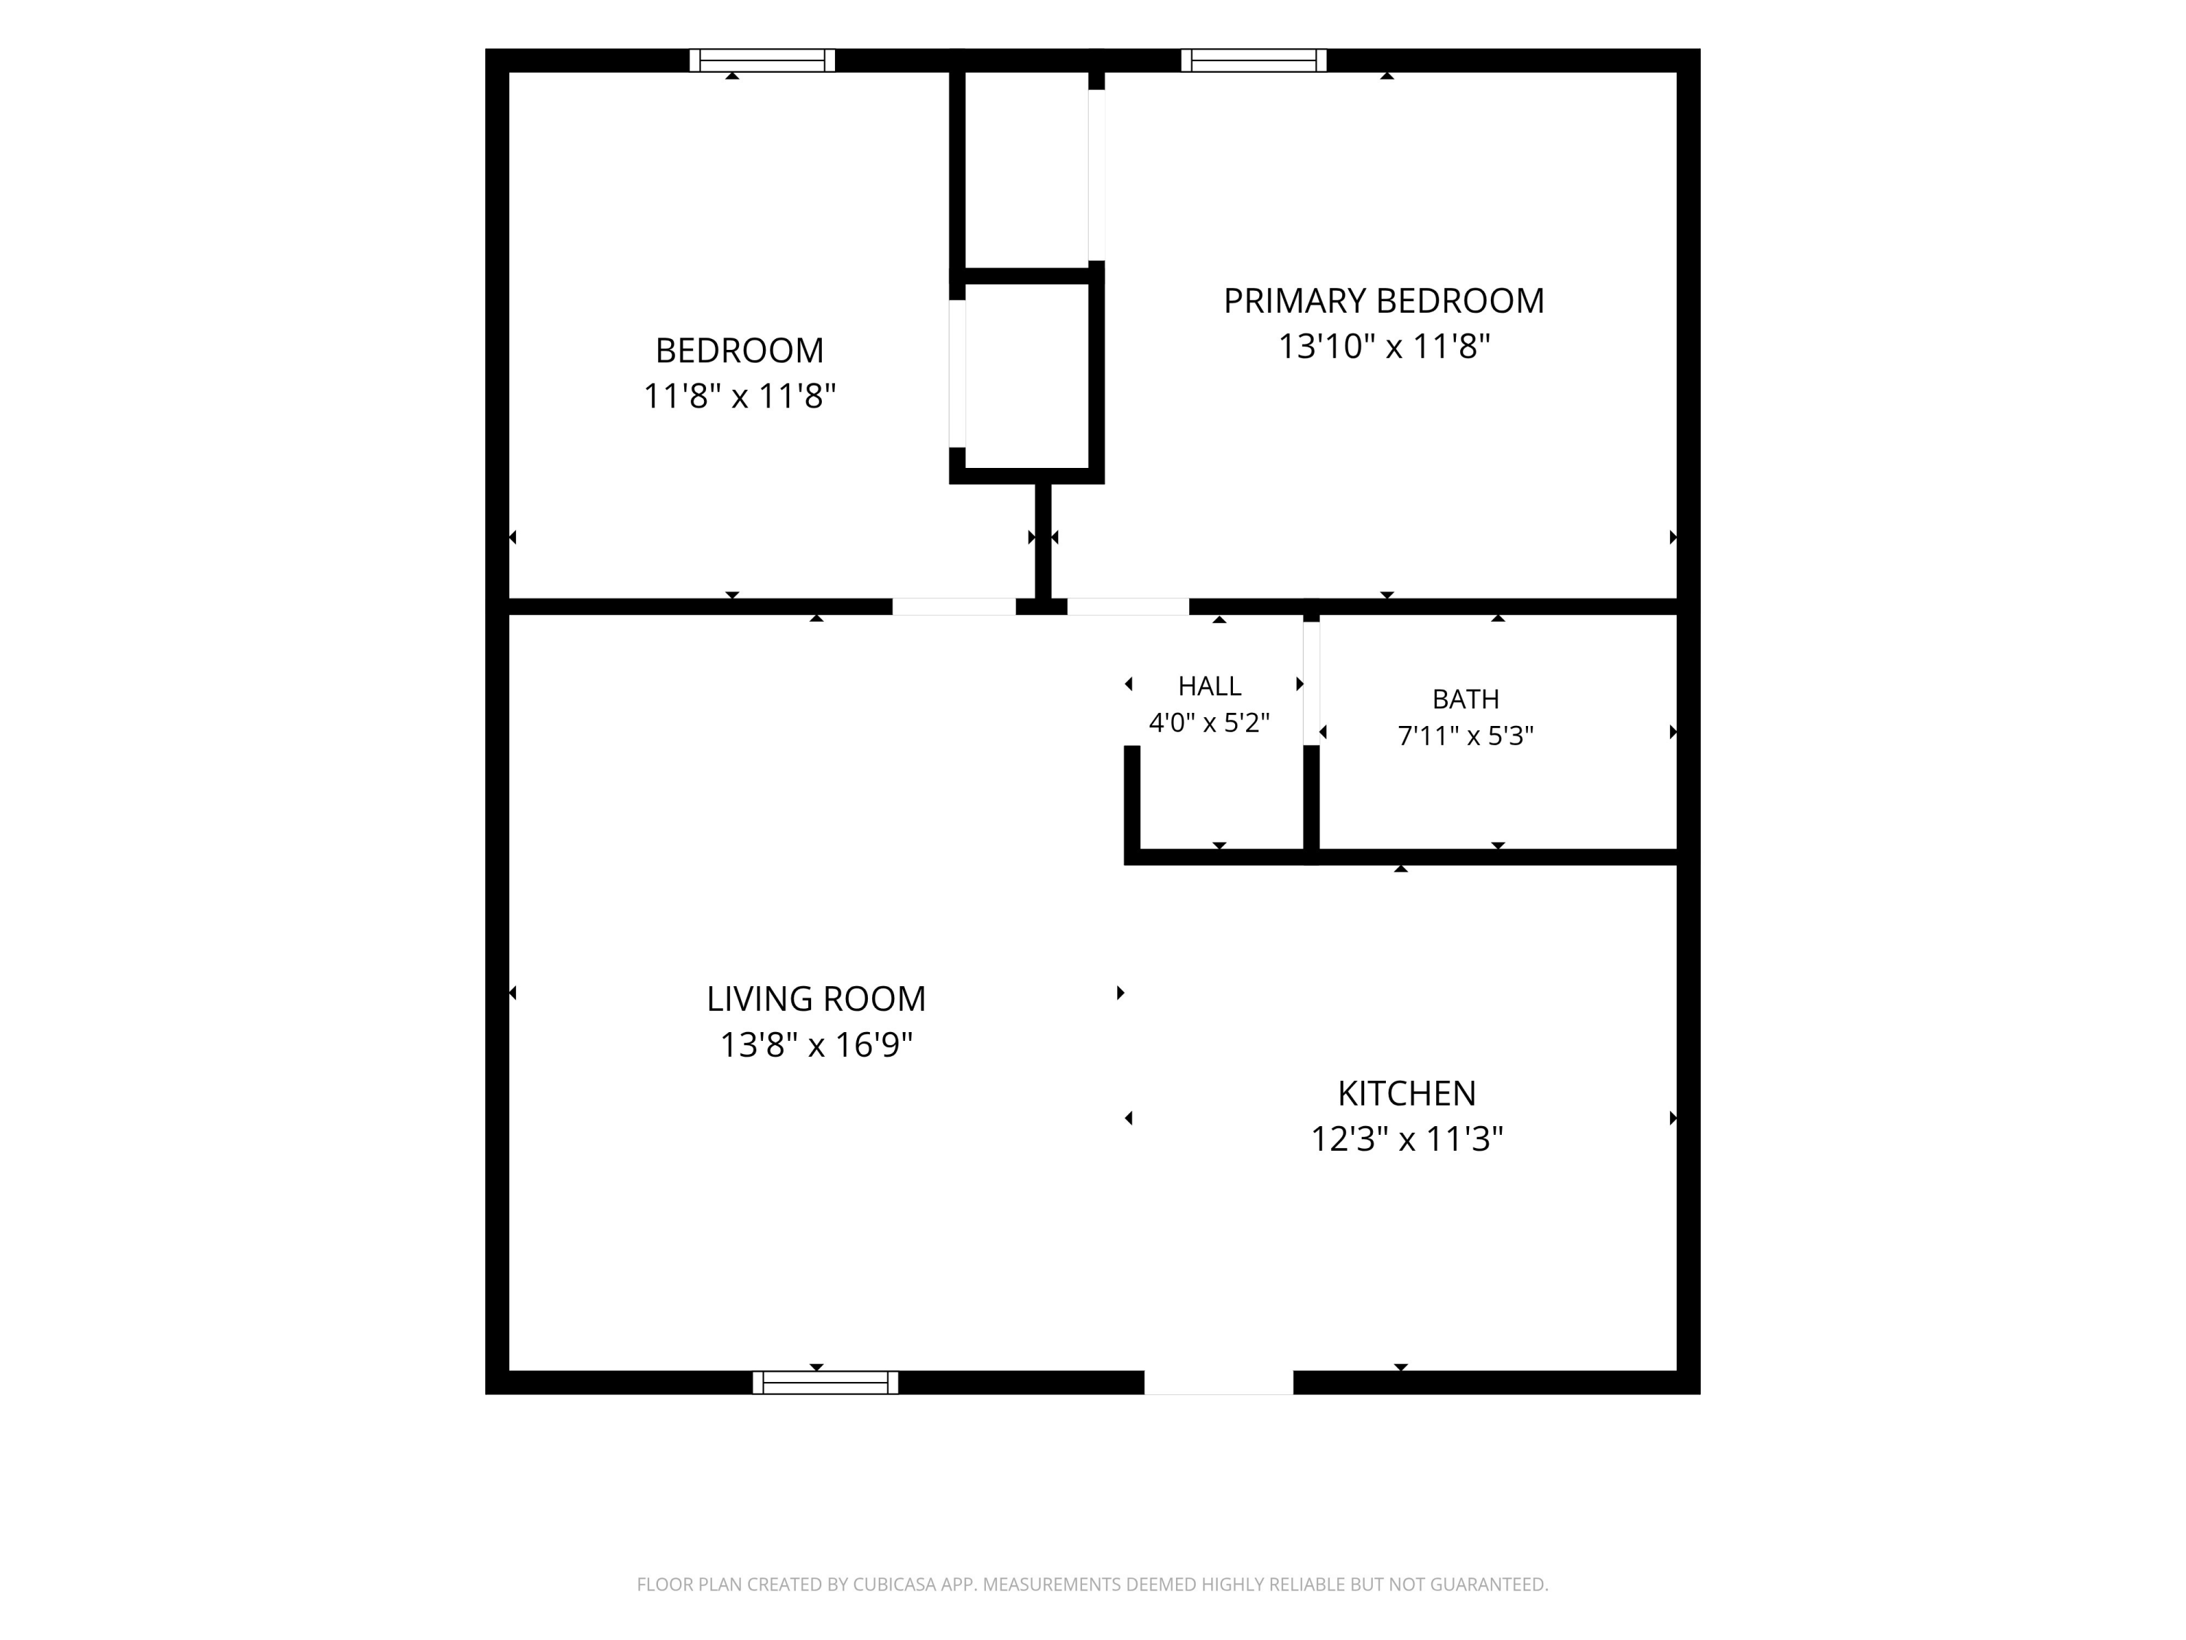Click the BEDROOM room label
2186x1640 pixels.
(739, 350)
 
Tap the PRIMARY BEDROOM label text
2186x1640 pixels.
(1384, 300)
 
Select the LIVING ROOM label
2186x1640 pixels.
(816, 999)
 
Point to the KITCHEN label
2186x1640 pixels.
(1407, 1093)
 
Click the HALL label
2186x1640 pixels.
(1210, 686)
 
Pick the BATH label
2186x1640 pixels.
(1465, 699)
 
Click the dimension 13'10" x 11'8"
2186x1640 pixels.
(1384, 347)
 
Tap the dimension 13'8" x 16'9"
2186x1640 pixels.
(816, 1045)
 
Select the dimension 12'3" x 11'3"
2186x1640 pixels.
(1407, 1139)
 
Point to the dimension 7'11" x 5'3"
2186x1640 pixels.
(1465, 735)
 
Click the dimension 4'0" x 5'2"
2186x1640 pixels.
(1210, 722)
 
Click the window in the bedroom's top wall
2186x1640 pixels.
(762, 60)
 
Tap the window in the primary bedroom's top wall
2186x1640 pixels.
(1253, 60)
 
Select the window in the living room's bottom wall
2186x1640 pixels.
(825, 1382)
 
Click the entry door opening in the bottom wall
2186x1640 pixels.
(1218, 1382)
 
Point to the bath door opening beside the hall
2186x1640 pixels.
(1312, 683)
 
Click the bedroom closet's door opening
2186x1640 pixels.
(957, 374)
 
